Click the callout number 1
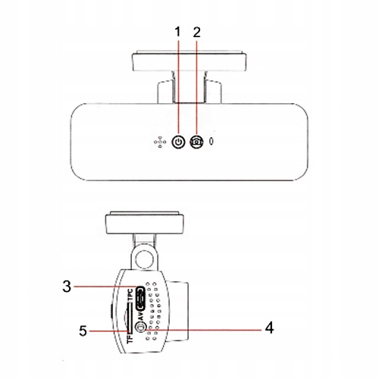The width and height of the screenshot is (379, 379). pyautogui.click(x=178, y=32)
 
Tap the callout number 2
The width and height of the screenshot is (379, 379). pyautogui.click(x=196, y=32)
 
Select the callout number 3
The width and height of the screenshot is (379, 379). pyautogui.click(x=67, y=287)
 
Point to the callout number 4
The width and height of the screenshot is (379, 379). pyautogui.click(x=270, y=328)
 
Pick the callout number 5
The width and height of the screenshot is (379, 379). pyautogui.click(x=83, y=331)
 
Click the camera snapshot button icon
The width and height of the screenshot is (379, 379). pyautogui.click(x=197, y=142)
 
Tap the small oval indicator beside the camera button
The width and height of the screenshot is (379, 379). pyautogui.click(x=211, y=142)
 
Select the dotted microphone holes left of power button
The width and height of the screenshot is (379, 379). pyautogui.click(x=160, y=142)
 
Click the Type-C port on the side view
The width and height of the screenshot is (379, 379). pyautogui.click(x=140, y=298)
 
